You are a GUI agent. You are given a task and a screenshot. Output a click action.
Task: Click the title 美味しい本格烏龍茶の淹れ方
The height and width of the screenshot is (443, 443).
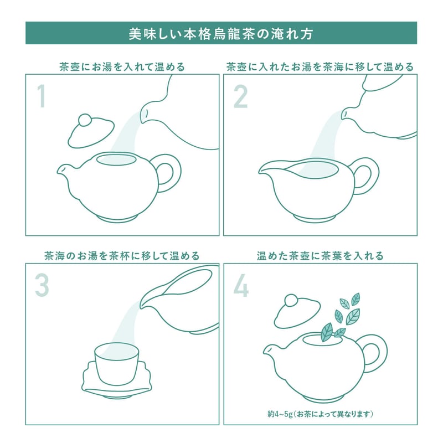pos(221,34)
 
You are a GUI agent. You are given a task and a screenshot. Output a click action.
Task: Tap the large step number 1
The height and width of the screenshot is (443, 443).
pos(42,96)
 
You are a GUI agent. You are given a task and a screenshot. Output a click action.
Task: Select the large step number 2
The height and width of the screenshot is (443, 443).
pos(240,97)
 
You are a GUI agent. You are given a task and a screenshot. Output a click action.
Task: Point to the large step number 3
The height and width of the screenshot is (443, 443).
pos(42,285)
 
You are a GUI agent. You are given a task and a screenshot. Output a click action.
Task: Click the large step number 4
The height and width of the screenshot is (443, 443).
pos(241,285)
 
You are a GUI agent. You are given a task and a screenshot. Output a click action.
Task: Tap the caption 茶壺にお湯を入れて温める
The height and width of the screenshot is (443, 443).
pos(122,67)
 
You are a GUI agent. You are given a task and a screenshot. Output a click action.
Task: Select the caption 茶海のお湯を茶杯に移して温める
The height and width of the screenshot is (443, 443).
pos(122,256)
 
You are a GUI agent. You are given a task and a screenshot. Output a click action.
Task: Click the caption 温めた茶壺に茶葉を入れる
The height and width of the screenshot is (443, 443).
pos(320,256)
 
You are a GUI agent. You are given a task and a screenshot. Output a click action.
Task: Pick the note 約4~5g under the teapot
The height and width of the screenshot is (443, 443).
pos(280,414)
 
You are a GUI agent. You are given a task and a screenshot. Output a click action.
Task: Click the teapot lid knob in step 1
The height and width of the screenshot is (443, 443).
pos(85,120)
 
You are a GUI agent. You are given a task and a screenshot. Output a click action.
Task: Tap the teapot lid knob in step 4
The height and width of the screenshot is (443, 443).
pos(291,300)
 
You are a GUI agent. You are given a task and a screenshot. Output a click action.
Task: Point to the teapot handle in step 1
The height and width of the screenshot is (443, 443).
pos(170,173)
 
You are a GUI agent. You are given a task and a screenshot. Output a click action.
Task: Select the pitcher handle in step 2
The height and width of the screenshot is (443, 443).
pos(368,176)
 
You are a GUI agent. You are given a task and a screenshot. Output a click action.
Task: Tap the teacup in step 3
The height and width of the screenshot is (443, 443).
pos(117,364)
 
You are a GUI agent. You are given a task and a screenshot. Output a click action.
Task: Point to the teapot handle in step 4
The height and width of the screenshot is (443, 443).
pos(377,353)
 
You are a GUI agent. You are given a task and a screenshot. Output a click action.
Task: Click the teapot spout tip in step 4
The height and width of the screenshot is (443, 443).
pos(265,351)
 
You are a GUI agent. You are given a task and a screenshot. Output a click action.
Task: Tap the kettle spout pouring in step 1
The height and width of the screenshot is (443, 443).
pos(145,113)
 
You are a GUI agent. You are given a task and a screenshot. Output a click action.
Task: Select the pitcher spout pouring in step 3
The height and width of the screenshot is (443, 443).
pos(143,304)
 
